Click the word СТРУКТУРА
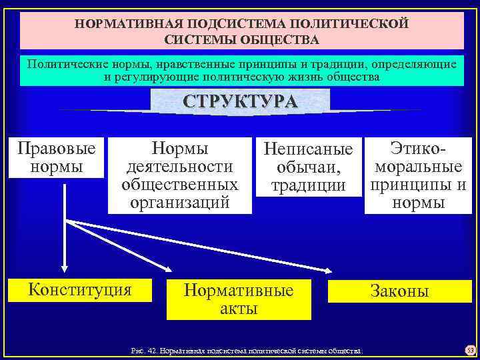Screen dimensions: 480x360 click(241, 103)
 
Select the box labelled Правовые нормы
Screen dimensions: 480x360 click(56, 157)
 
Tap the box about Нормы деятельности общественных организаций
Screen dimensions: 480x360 click(180, 175)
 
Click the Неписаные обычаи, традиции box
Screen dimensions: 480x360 click(308, 167)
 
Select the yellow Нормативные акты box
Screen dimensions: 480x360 click(239, 300)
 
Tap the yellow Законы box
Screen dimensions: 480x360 click(399, 291)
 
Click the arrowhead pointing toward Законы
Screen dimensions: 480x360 click(329, 270)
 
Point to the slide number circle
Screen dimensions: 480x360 click(469, 349)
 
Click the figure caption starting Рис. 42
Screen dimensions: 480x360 click(247, 349)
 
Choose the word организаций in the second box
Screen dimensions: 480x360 click(180, 202)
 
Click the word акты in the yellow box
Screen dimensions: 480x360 click(239, 309)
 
